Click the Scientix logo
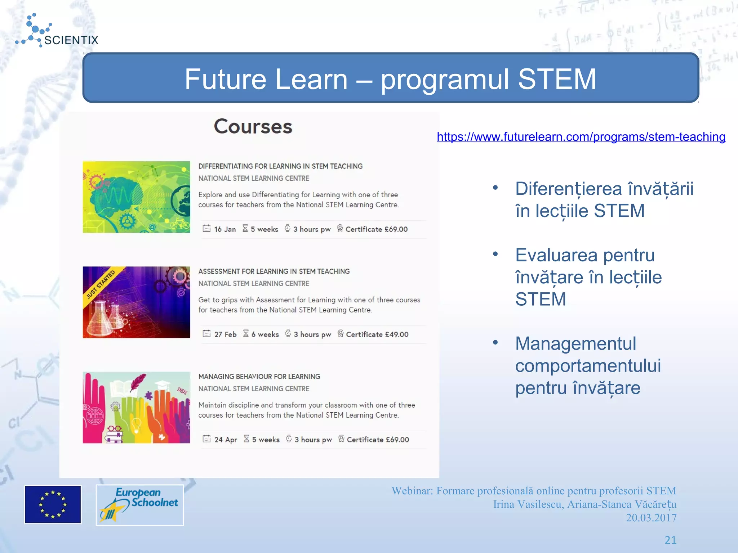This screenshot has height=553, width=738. click(x=57, y=32)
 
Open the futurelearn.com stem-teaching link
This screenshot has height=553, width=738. click(x=581, y=137)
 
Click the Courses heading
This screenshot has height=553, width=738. click(x=253, y=127)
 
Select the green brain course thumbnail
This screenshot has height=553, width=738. click(x=136, y=197)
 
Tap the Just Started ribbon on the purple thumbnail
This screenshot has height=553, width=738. click(x=101, y=284)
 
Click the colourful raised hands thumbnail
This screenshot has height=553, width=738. click(x=136, y=407)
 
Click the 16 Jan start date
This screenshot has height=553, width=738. click(x=224, y=229)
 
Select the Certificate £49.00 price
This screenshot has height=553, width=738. click(x=377, y=334)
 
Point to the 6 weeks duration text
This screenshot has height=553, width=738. click(x=265, y=334)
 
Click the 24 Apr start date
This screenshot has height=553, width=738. click(x=226, y=440)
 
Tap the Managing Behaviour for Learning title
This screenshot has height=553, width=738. click(x=259, y=377)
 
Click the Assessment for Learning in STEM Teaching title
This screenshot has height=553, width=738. click(x=274, y=271)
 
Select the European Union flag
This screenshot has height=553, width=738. click(x=53, y=504)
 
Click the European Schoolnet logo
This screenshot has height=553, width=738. click(x=140, y=505)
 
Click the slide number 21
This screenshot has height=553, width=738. click(x=670, y=540)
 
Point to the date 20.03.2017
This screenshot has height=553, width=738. click(x=651, y=518)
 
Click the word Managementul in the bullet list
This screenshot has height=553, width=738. click(x=575, y=343)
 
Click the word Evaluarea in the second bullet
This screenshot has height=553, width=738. click(x=556, y=255)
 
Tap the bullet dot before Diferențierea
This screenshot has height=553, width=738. click(x=495, y=188)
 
